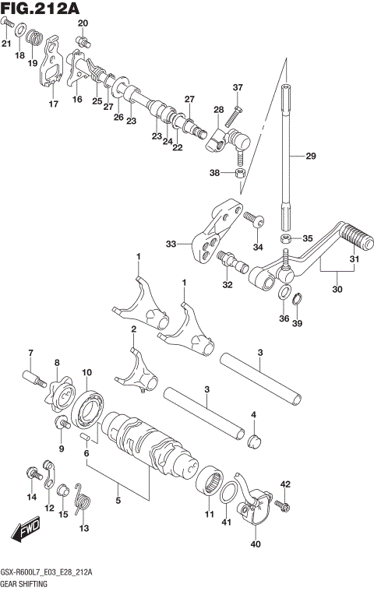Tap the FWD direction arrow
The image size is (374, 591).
pyautogui.click(x=26, y=533)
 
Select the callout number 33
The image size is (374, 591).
pyautogui.click(x=171, y=244)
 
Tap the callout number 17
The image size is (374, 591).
pyautogui.click(x=53, y=104)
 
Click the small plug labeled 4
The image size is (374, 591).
pyautogui.click(x=252, y=444)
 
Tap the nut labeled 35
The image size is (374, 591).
pyautogui.click(x=286, y=237)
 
